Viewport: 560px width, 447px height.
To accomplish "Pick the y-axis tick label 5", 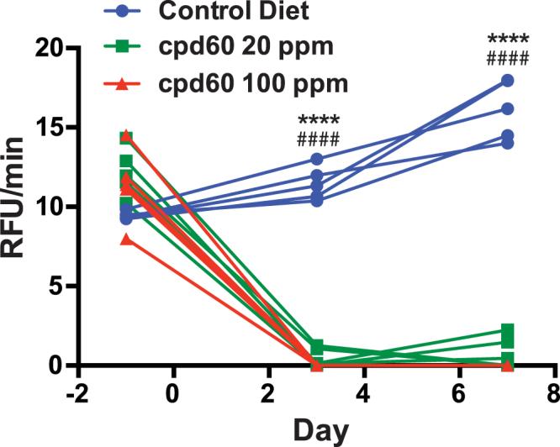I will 57,287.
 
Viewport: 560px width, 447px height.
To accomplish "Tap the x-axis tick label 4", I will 364,392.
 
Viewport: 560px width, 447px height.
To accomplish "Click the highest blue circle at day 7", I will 507,81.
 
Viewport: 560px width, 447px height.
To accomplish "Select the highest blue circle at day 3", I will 316,159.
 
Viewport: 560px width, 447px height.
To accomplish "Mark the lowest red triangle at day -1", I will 126,239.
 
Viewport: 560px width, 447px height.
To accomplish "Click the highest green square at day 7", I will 507,331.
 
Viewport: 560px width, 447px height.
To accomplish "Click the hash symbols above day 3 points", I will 316,139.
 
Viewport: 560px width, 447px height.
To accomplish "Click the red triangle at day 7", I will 507,365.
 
